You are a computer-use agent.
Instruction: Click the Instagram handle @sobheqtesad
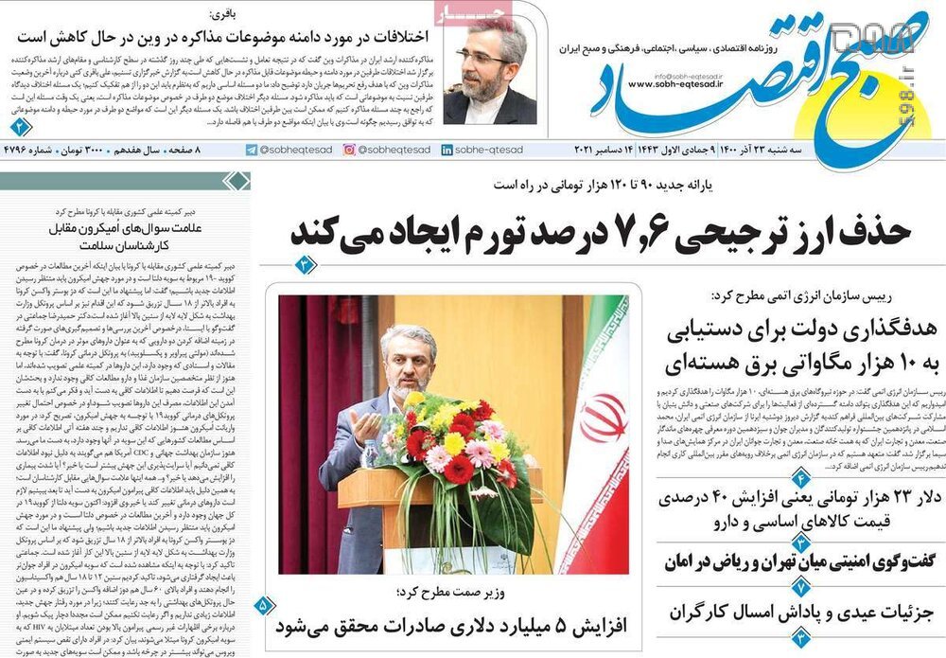(386, 151)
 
